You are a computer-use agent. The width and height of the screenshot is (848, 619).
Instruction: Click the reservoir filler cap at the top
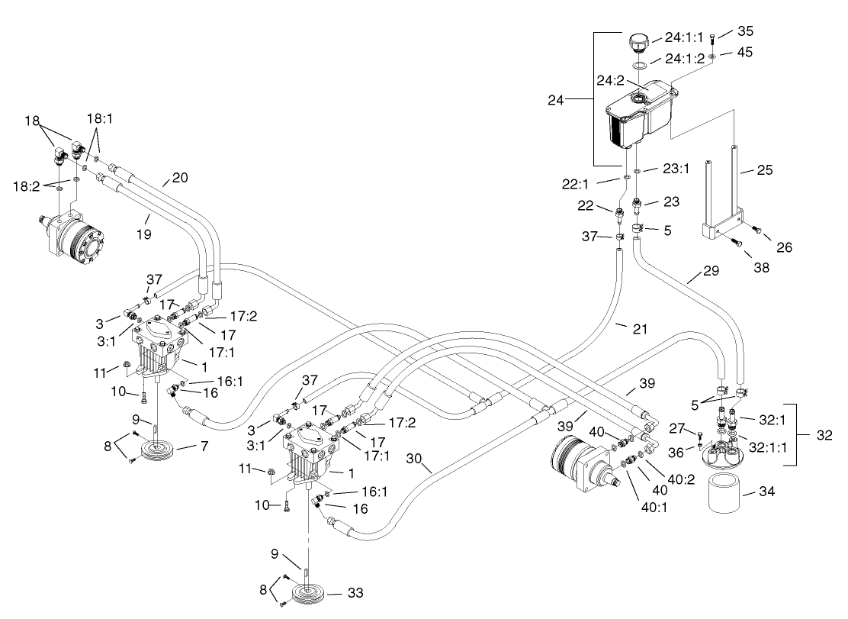[638, 41]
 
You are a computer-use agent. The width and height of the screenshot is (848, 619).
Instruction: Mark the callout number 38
[760, 268]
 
